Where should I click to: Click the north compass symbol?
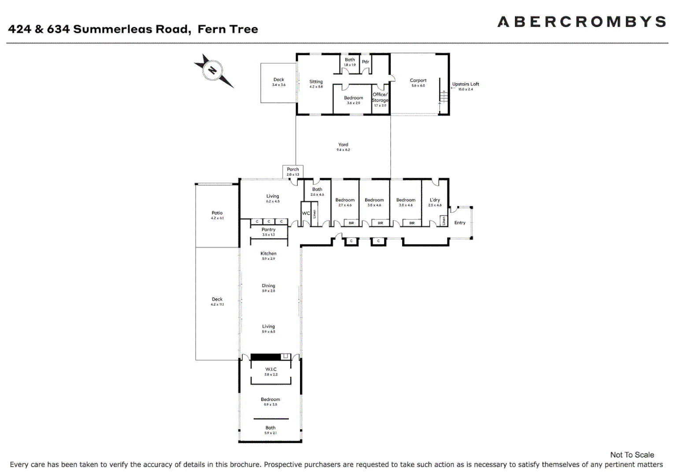click(213, 70)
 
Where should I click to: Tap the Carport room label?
click(418, 82)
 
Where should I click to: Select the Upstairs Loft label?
click(465, 86)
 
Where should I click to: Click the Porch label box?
click(293, 171)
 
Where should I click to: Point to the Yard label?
click(343, 146)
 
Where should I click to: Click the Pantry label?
click(268, 231)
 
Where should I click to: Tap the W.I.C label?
click(271, 371)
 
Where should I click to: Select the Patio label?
click(217, 215)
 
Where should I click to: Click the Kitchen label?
click(268, 255)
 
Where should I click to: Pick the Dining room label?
click(268, 287)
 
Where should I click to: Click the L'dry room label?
click(435, 201)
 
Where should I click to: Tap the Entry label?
click(459, 223)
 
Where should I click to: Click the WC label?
click(306, 213)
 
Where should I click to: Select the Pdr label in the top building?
click(366, 62)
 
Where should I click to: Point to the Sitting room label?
click(316, 83)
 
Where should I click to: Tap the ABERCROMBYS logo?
click(581, 22)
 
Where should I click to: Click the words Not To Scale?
click(632, 455)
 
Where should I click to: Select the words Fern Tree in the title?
click(228, 29)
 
